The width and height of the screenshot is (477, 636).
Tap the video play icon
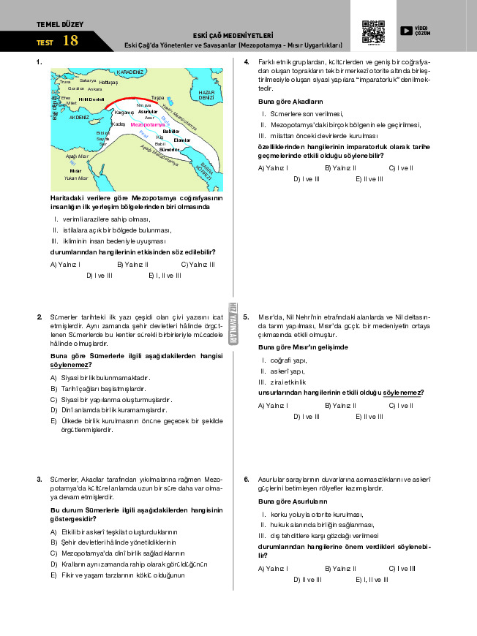pyautogui.click(x=407, y=30)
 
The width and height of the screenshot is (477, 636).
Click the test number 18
pyautogui.click(x=70, y=41)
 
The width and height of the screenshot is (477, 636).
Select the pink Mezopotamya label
pyautogui.click(x=146, y=125)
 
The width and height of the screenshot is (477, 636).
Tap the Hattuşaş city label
pyautogui.click(x=108, y=83)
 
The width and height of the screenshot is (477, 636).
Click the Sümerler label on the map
pyautogui.click(x=169, y=149)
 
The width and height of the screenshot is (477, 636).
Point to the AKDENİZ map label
pyautogui.click(x=79, y=116)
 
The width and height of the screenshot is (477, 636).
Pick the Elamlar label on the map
pyautogui.click(x=182, y=140)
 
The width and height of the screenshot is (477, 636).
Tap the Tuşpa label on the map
pyautogui.click(x=157, y=97)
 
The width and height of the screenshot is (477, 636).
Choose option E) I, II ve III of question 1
pyautogui.click(x=164, y=276)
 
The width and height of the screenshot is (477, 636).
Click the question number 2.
pyautogui.click(x=39, y=317)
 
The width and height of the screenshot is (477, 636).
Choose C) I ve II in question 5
pyautogui.click(x=401, y=405)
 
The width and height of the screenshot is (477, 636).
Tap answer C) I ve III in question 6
pyautogui.click(x=402, y=568)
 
